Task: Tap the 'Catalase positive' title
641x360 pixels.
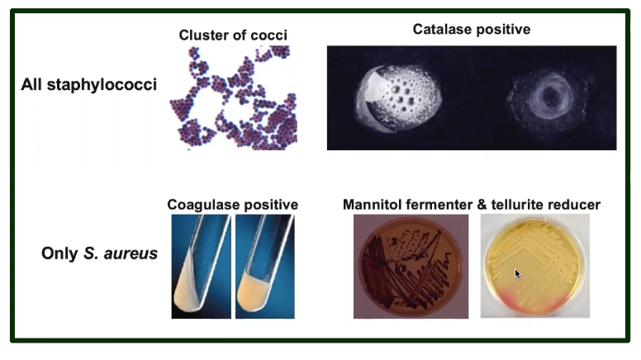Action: click(471, 30)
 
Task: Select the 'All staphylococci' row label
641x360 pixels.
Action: click(88, 85)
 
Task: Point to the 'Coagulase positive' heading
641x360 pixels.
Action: click(232, 204)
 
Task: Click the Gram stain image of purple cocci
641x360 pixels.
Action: click(233, 97)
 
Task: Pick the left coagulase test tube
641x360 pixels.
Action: click(201, 266)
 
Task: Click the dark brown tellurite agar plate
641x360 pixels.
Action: click(411, 266)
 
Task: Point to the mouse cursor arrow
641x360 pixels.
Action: click(517, 273)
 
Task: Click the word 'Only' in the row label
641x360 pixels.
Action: click(59, 253)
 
